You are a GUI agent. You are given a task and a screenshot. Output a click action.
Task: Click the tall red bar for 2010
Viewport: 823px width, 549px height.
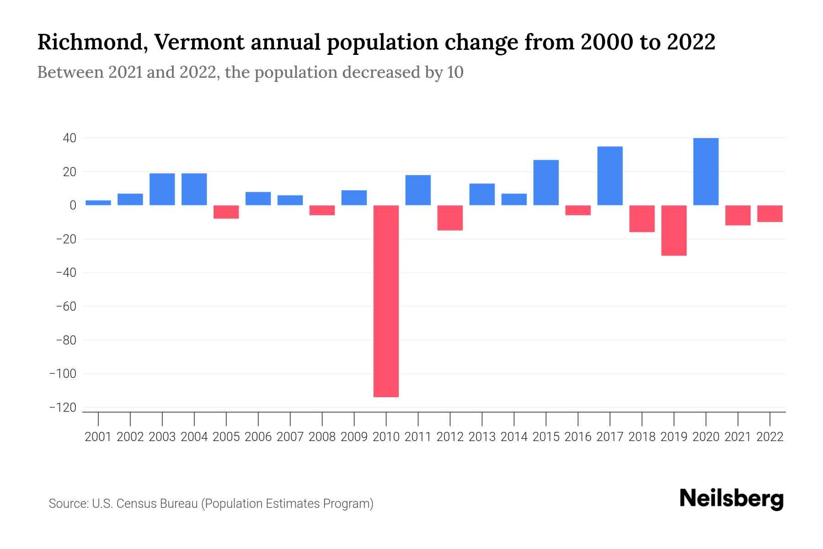coord(386,301)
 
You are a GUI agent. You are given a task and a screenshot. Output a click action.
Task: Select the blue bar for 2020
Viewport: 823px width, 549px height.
coord(705,172)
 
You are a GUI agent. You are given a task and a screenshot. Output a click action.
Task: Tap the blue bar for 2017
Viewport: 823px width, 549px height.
coord(609,176)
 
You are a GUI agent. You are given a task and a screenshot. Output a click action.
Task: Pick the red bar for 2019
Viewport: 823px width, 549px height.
coord(673,230)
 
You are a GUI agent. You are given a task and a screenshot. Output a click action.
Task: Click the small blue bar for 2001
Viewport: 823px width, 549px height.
coord(98,203)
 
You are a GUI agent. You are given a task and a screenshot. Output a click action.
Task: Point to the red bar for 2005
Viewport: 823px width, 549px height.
coord(226,212)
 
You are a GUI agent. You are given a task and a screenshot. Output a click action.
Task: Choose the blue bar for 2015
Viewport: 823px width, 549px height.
coord(546,183)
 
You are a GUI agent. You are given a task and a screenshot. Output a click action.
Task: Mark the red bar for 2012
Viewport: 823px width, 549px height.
coord(450,218)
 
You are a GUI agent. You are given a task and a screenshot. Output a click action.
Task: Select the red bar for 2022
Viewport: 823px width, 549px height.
coord(770,214)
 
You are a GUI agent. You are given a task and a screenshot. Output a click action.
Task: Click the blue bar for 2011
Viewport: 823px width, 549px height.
coord(418,190)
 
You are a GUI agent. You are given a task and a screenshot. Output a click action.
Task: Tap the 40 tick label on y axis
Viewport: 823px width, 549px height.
coord(69,138)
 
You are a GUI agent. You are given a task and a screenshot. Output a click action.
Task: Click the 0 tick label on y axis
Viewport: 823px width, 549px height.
coord(73,205)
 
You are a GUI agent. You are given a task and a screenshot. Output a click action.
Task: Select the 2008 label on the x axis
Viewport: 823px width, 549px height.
coord(322,437)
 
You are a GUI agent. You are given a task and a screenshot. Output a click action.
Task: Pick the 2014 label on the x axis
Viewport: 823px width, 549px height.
coord(514,437)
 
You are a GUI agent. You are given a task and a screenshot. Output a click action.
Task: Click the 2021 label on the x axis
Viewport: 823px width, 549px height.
coord(737,437)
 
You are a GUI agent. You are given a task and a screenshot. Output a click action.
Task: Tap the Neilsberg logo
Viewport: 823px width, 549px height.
coord(731,499)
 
